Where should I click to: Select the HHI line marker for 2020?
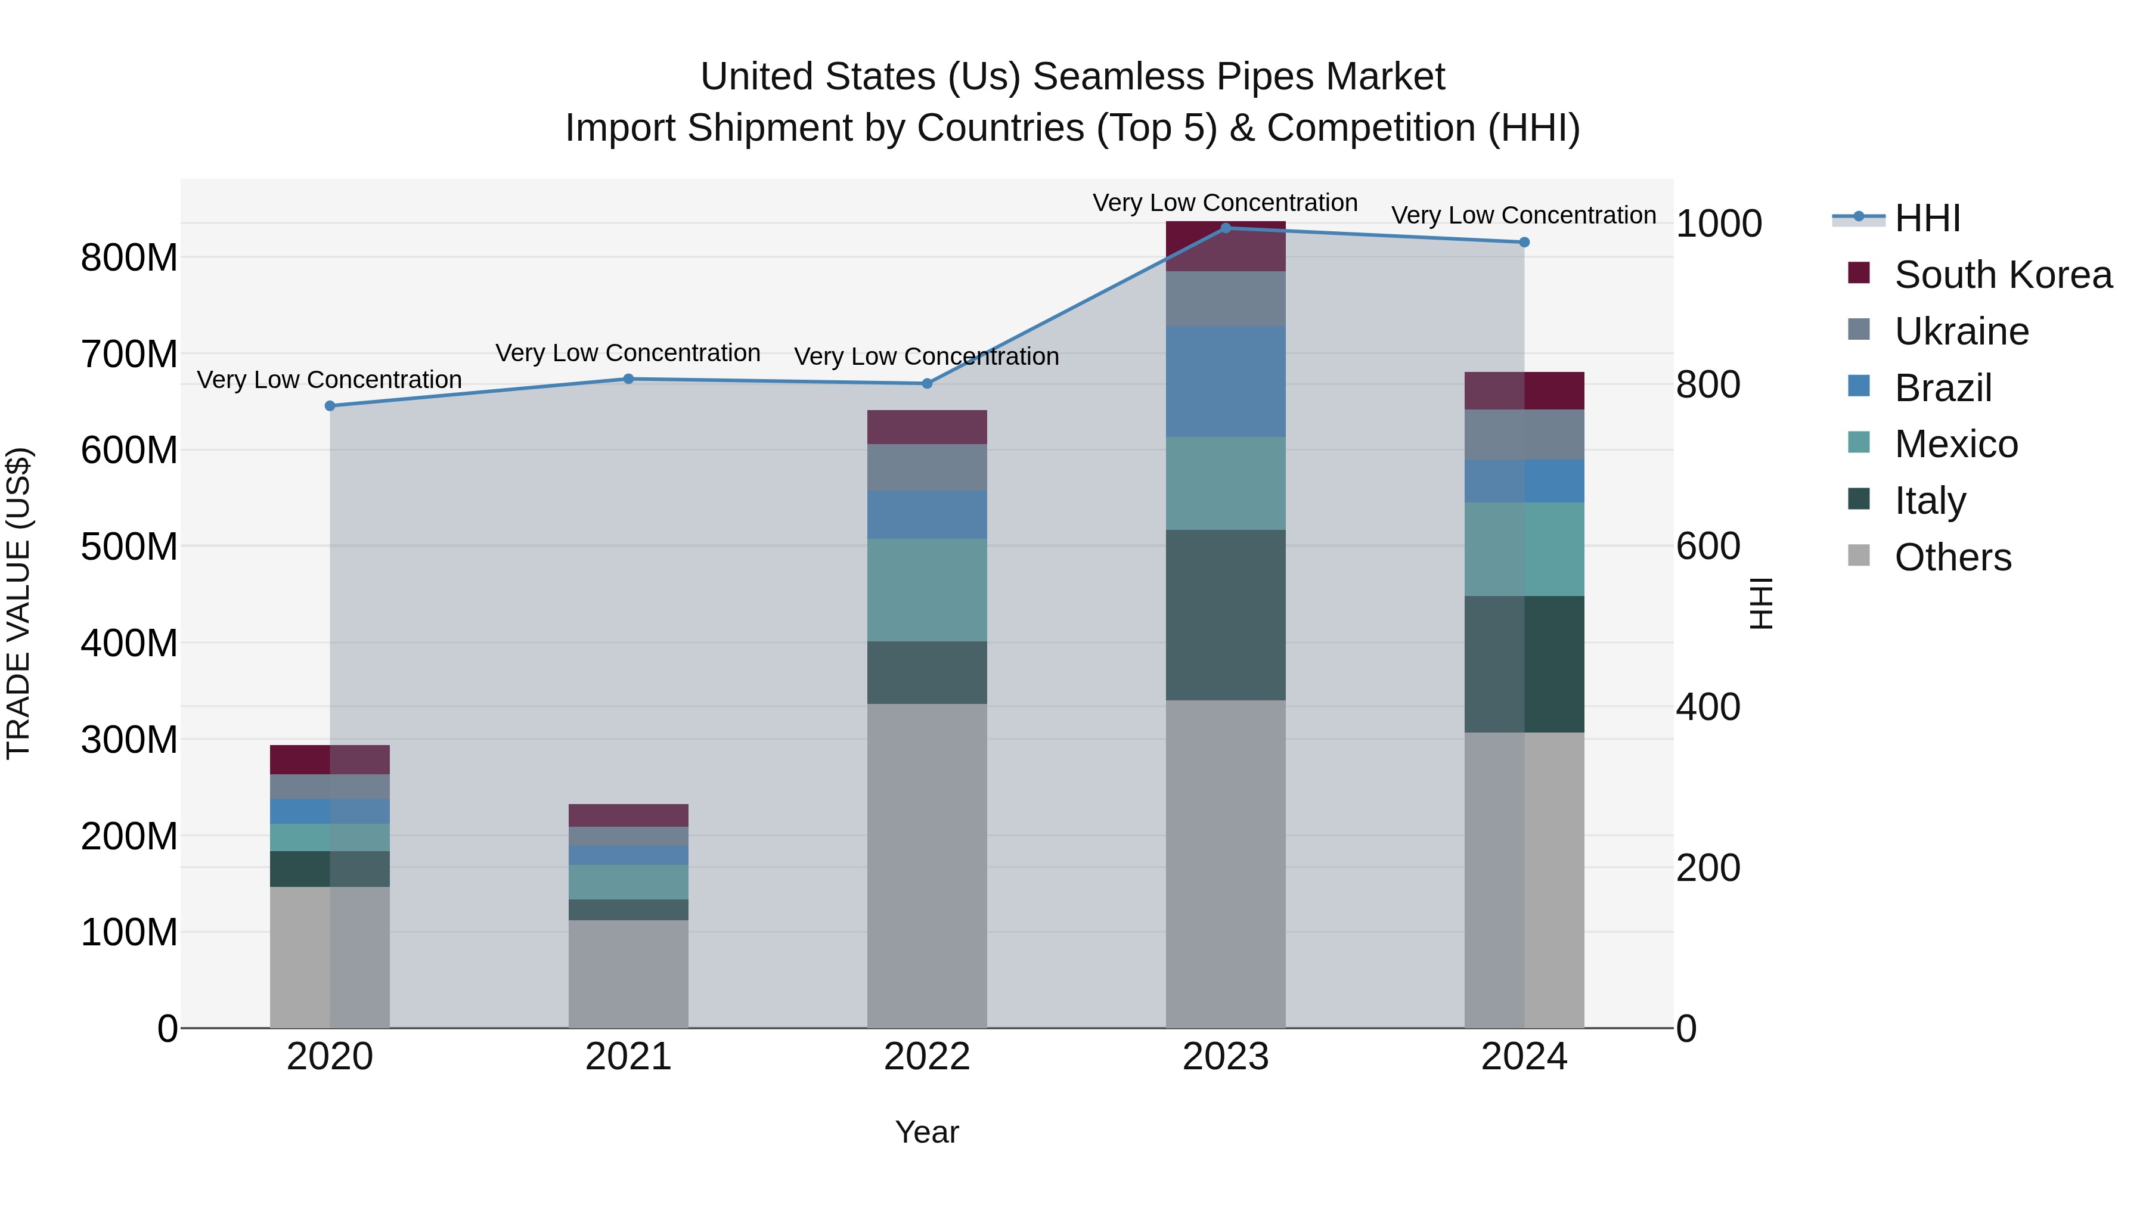point(330,406)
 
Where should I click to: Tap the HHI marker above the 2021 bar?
point(628,379)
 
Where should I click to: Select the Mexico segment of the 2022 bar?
point(926,589)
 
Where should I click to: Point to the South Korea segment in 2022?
point(926,427)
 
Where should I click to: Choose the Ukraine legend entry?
point(1961,331)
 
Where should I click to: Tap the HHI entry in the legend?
point(1927,218)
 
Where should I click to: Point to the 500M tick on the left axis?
point(129,547)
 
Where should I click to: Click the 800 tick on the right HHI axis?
point(1708,385)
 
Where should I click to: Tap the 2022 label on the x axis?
point(926,1057)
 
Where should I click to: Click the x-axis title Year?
point(926,1132)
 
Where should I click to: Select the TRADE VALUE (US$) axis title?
point(18,603)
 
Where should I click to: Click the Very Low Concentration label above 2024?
point(1523,215)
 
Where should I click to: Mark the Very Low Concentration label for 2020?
point(329,380)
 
